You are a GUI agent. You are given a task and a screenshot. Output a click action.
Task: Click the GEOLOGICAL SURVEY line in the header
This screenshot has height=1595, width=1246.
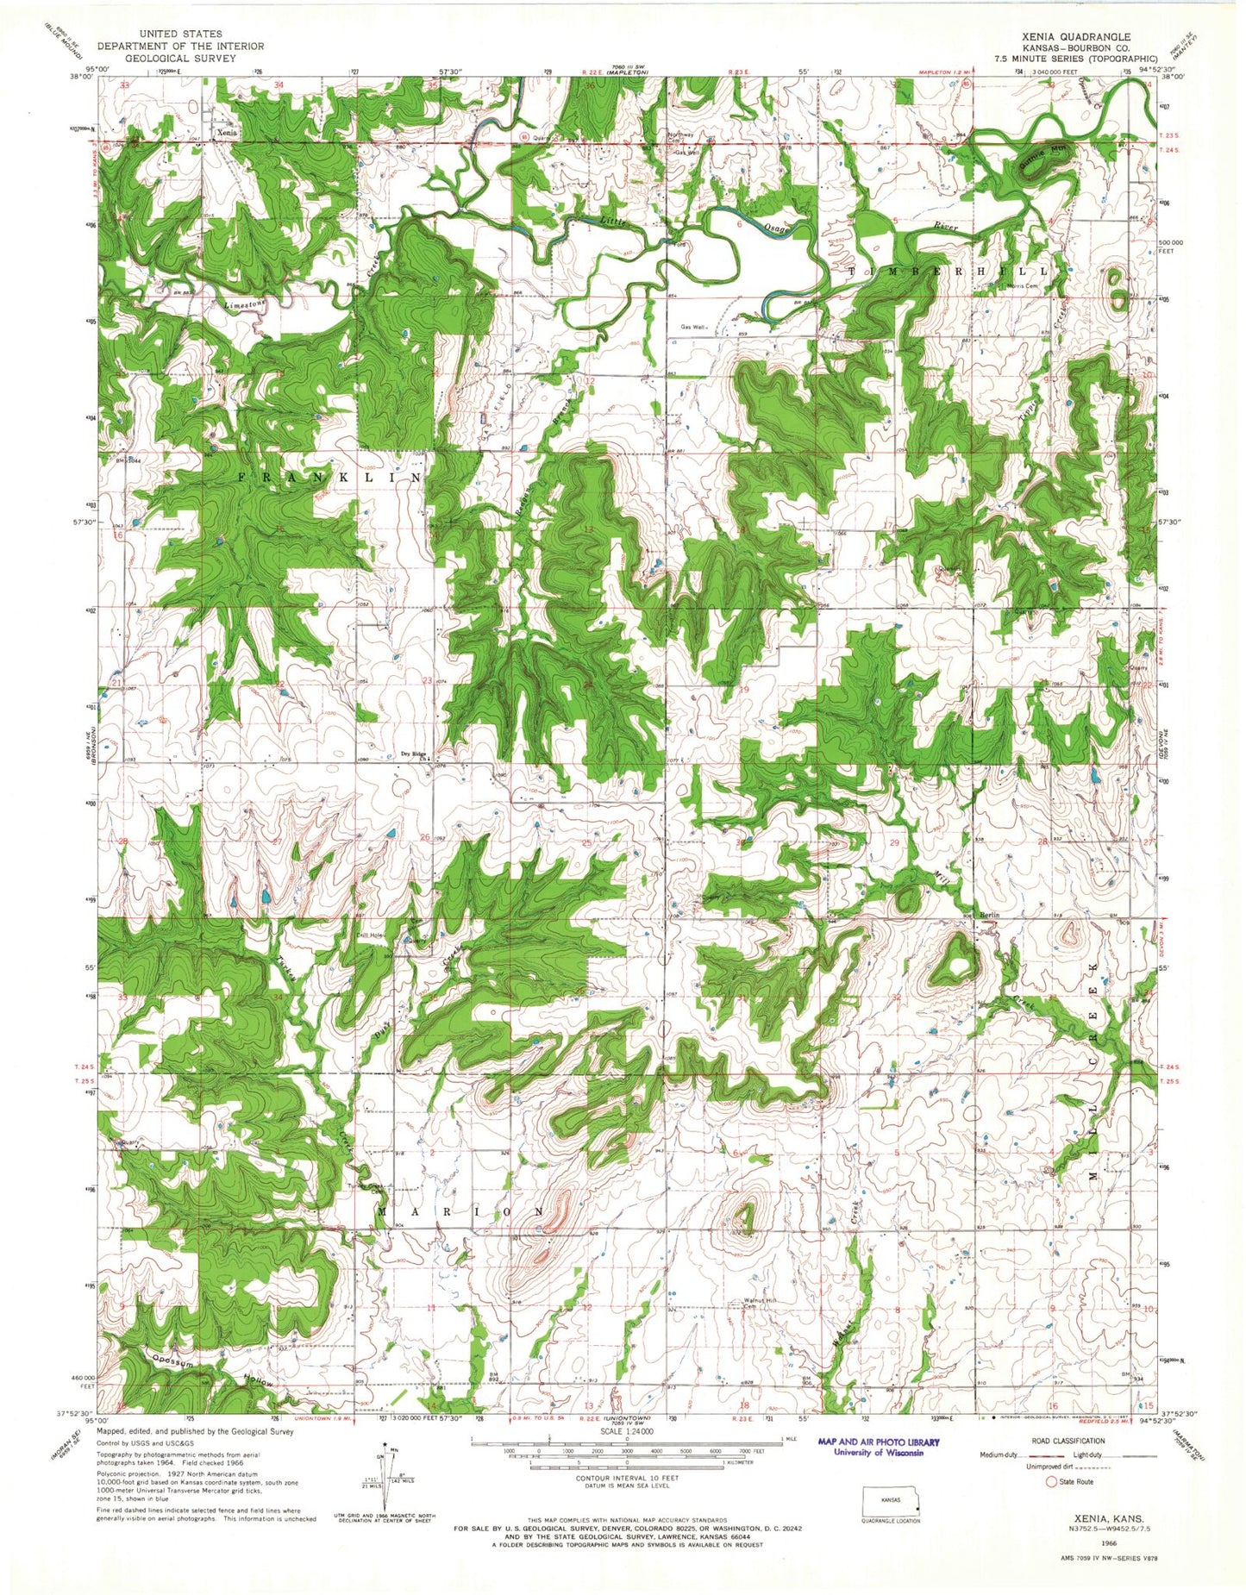coord(181,59)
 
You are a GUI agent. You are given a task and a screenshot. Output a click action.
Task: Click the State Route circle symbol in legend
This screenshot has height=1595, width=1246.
coord(1050,1483)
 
